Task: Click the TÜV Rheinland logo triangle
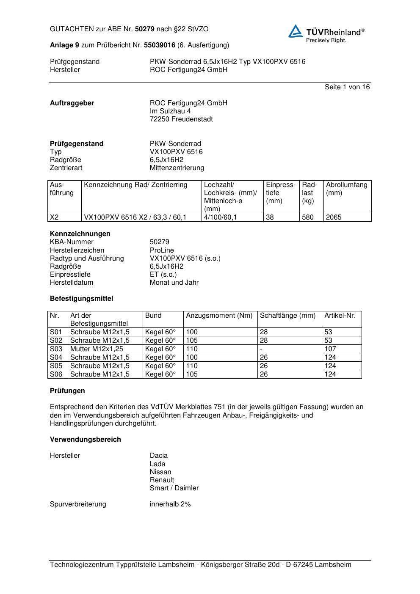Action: pos(296,31)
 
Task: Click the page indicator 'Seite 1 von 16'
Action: pos(347,87)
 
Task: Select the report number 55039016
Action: pos(159,45)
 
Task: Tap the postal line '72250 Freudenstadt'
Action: pos(181,119)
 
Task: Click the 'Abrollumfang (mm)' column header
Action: pos(346,189)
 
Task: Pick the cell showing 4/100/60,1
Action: pos(220,217)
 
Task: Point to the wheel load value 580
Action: pos(308,217)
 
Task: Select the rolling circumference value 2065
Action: pos(334,217)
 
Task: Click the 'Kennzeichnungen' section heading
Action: pos(80,234)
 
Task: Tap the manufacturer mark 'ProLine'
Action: pos(162,250)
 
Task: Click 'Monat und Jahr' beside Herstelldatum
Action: pos(174,283)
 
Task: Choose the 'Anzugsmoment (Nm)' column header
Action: pos(219,316)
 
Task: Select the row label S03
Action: pos(56,349)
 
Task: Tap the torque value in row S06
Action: pos(192,374)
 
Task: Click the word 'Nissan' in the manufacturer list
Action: pos(160,472)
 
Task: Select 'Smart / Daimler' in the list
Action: pos(174,488)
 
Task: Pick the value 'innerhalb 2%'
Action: pos(170,504)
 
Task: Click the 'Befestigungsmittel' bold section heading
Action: pos(81,299)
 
